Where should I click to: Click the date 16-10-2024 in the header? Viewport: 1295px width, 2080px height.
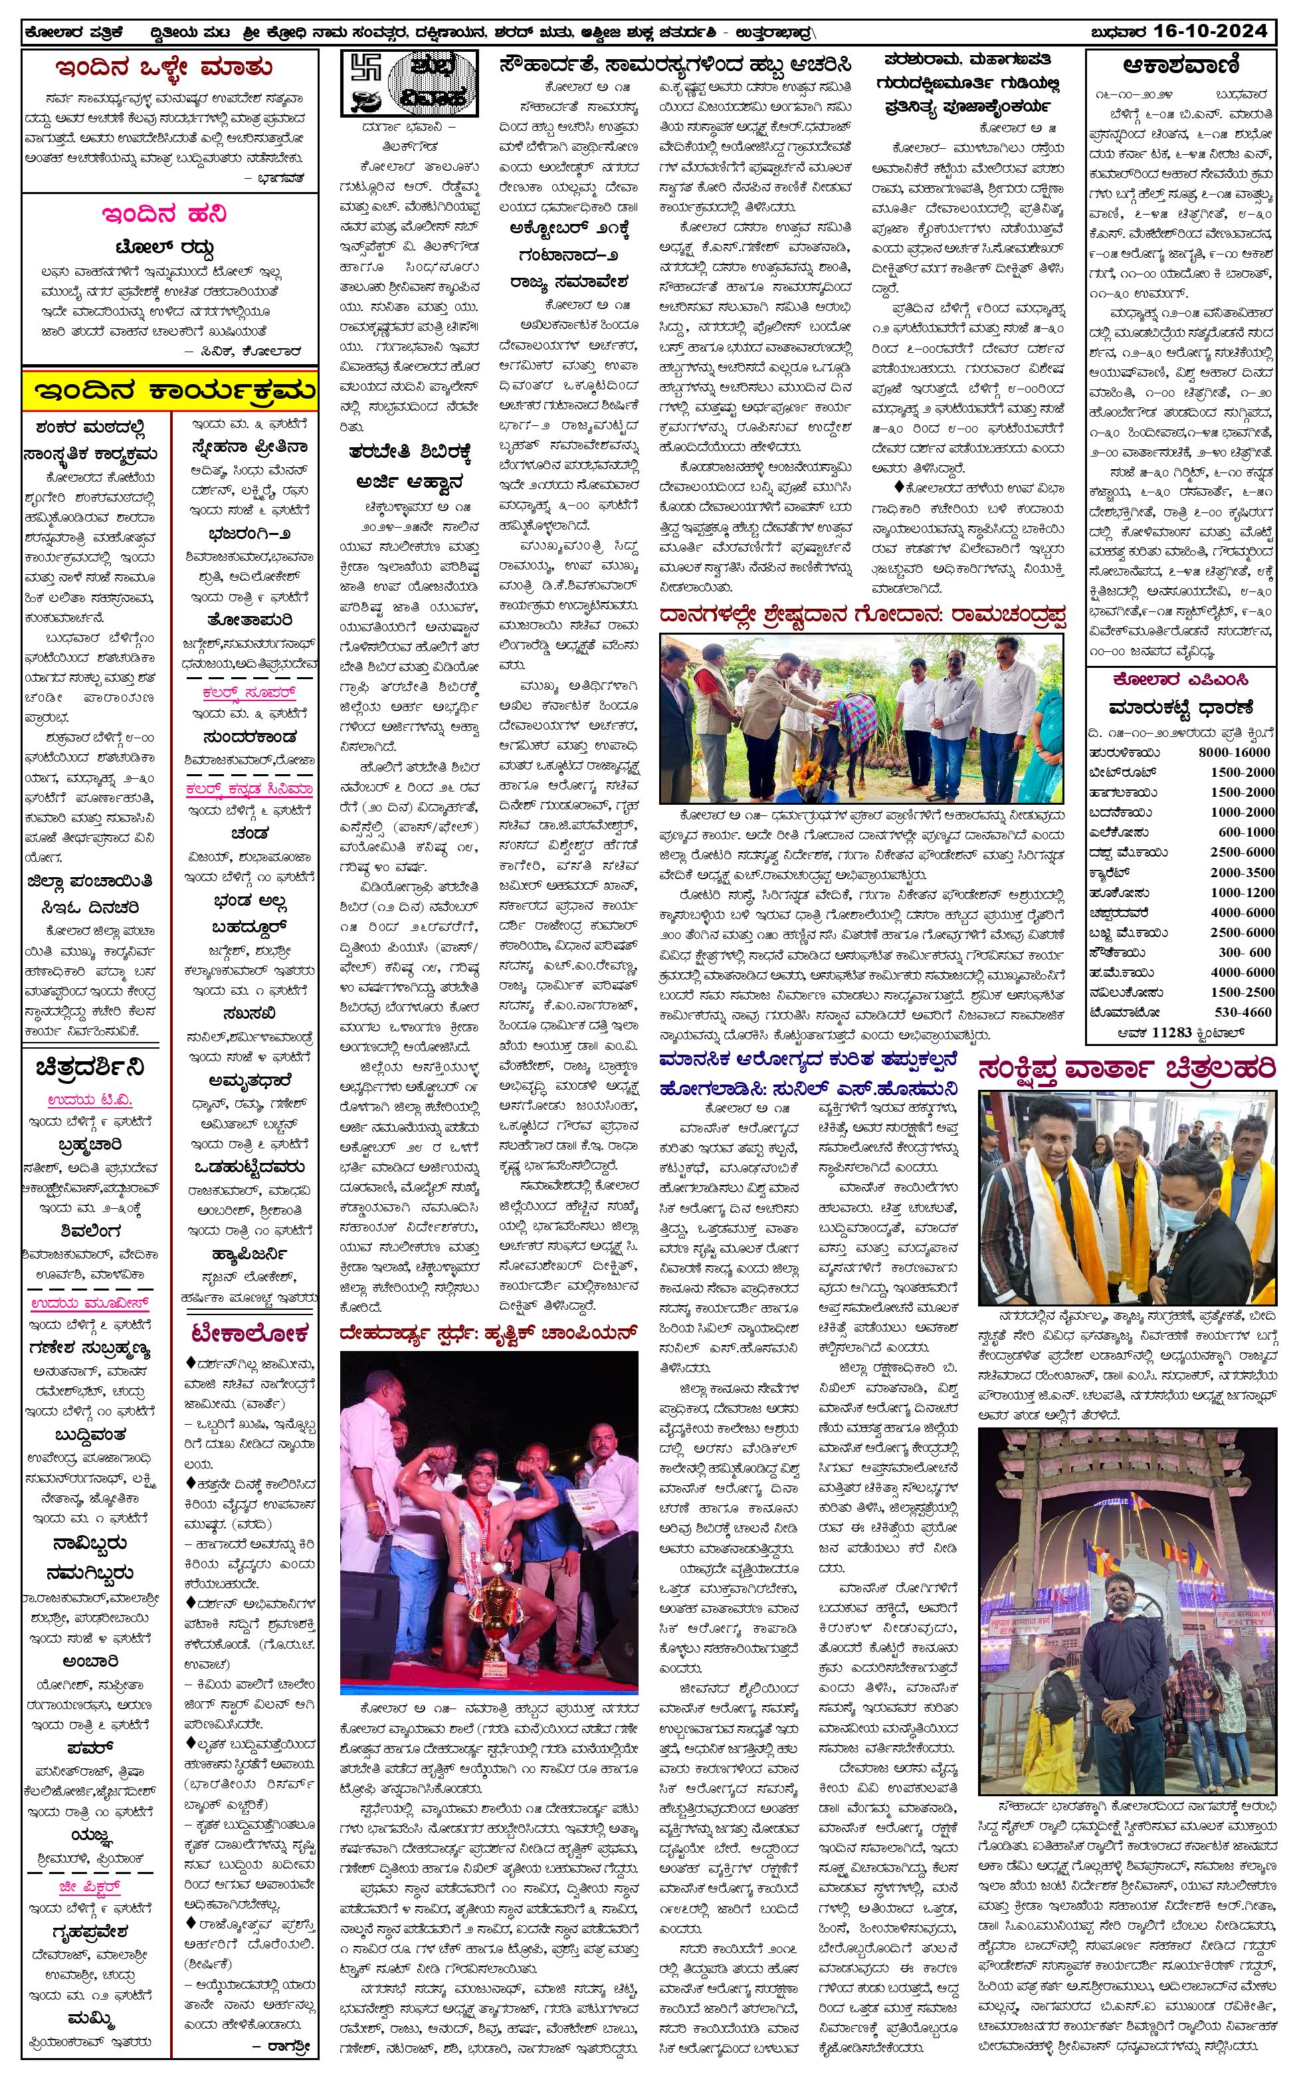[x=1209, y=32]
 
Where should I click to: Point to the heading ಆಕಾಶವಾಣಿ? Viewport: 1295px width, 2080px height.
[x=1180, y=66]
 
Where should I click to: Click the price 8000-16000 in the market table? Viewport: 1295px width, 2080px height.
[x=1234, y=752]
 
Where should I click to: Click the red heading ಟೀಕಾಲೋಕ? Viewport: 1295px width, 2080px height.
[x=249, y=1333]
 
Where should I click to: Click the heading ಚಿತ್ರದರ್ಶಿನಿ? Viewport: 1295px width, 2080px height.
[x=90, y=1068]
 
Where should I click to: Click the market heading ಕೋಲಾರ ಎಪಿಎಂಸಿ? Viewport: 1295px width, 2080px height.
[x=1180, y=680]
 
